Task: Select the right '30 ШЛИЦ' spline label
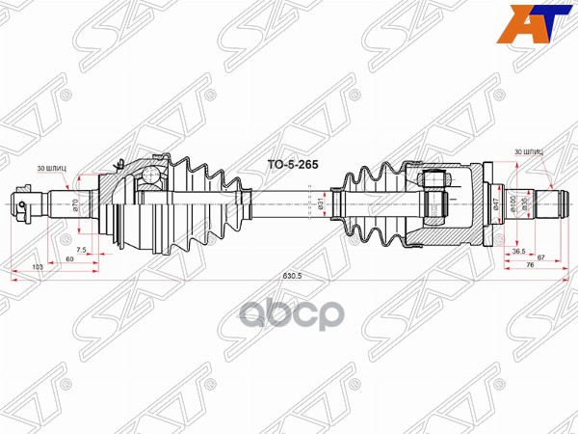coord(529,152)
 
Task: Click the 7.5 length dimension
coord(82,251)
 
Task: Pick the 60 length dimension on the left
coord(69,259)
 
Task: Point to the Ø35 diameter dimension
coord(525,203)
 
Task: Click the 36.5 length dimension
coord(518,251)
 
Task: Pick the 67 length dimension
coord(542,258)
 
